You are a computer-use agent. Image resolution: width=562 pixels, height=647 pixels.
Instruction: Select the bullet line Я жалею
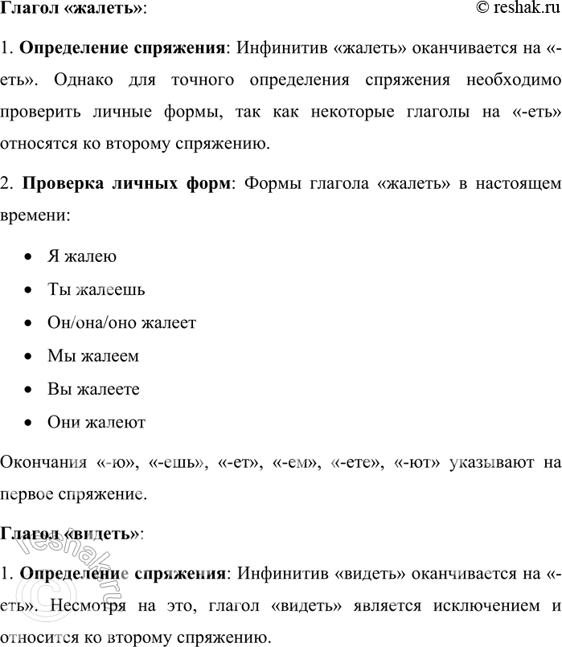tap(82, 257)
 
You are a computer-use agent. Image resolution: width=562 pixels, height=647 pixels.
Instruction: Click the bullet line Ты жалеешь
tap(96, 290)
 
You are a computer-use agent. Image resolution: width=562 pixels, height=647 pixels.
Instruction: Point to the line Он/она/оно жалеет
tap(121, 323)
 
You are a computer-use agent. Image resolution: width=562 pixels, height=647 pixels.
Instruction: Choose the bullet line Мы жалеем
tap(93, 356)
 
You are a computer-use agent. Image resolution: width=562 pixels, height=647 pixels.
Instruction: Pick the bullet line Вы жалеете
tap(94, 389)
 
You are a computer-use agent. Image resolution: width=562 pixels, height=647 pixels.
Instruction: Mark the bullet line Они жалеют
tap(96, 422)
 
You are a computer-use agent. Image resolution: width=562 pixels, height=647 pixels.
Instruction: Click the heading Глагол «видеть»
tap(71, 534)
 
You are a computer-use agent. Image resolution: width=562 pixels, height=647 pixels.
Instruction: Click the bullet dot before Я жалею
tap(29, 257)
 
